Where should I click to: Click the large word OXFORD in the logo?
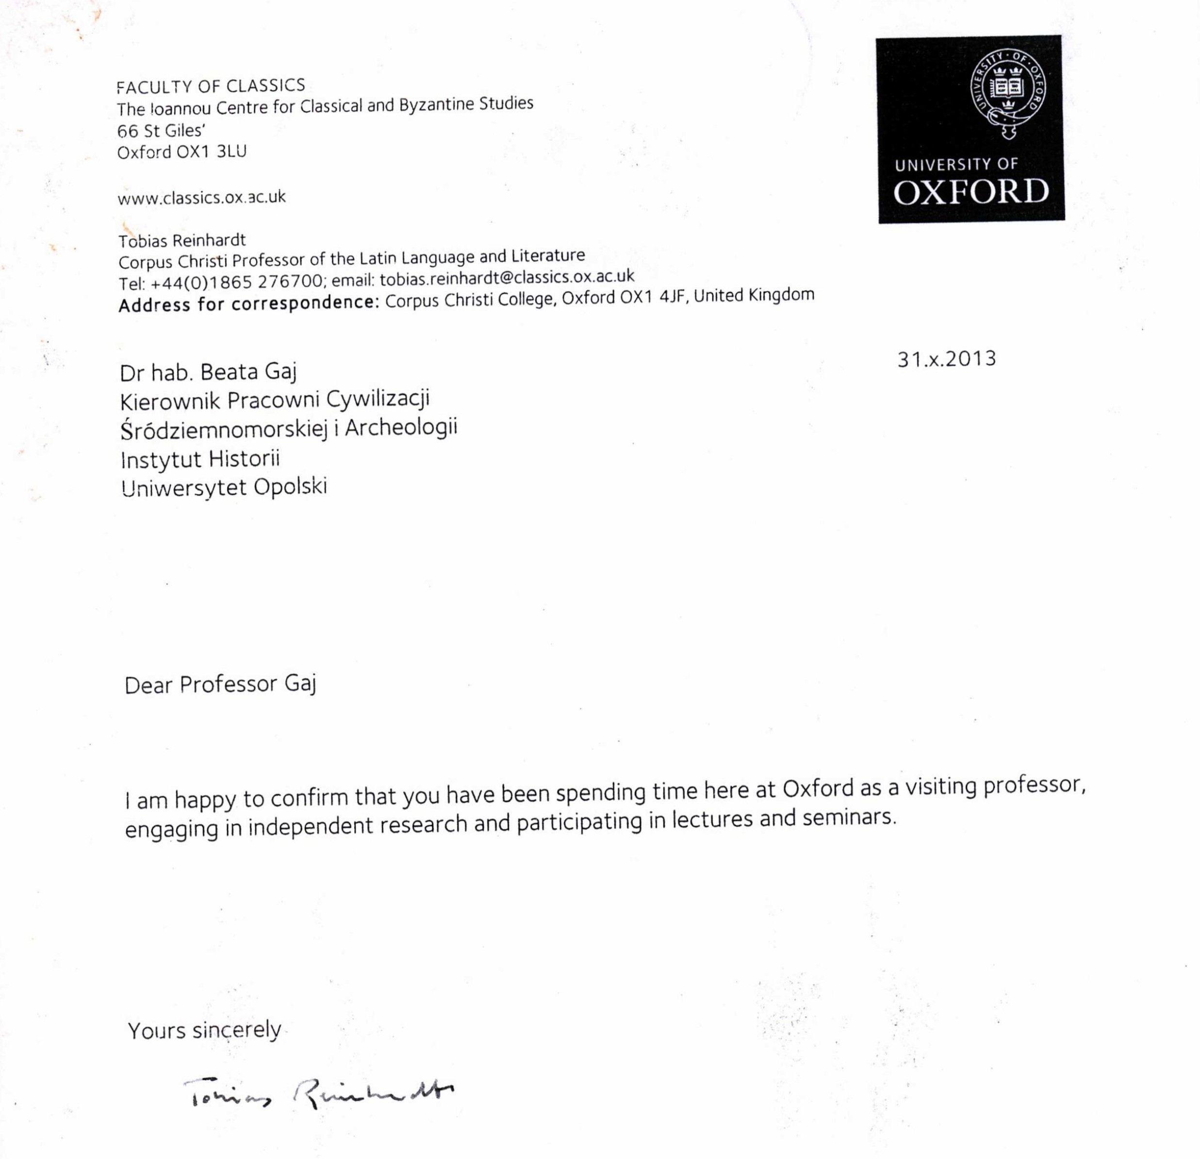971,192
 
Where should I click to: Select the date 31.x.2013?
947,359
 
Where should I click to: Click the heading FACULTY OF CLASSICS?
211,86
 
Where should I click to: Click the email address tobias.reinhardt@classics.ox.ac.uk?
507,278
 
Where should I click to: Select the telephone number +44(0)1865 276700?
236,282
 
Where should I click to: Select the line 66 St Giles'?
161,131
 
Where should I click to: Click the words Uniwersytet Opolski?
224,487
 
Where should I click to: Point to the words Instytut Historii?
200,459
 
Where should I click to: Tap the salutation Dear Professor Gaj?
220,684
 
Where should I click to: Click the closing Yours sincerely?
204,1030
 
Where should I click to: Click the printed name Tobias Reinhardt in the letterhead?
182,241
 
